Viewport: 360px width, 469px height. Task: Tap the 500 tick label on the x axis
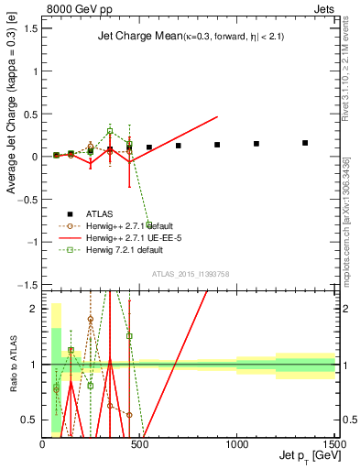pyautogui.click(x=139, y=443)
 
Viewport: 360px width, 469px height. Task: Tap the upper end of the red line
pyautogui.click(x=217, y=117)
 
